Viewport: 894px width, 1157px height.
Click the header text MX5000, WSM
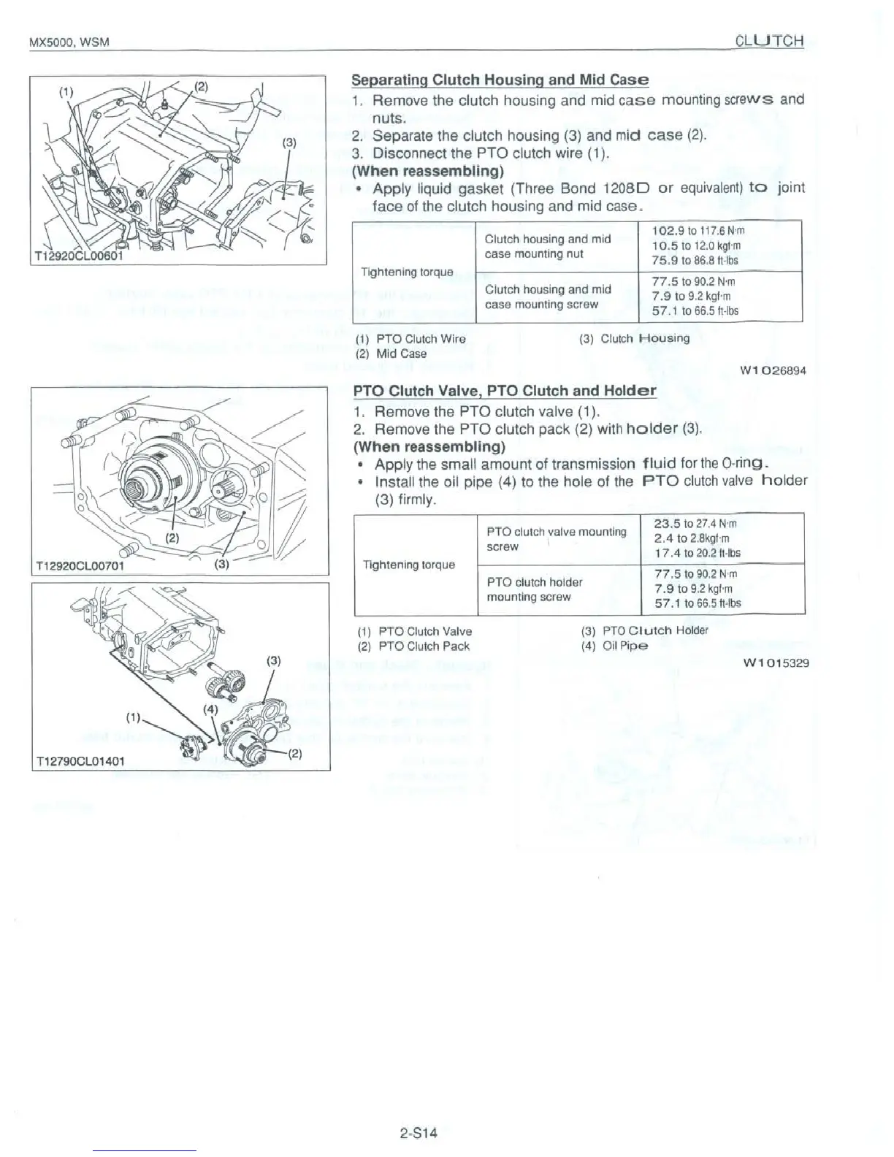click(69, 42)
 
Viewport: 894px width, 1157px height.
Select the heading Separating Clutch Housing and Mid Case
click(500, 80)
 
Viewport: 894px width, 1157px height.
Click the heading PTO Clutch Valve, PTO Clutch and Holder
click(505, 391)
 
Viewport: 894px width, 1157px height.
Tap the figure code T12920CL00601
click(80, 256)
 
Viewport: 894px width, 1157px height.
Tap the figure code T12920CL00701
click(80, 566)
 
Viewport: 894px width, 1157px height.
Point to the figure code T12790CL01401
click(80, 760)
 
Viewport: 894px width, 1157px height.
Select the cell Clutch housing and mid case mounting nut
click(548, 246)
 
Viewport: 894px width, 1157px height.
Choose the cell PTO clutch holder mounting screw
click(535, 589)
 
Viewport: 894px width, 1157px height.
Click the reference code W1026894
click(773, 370)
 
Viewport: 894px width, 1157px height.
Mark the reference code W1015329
click(775, 663)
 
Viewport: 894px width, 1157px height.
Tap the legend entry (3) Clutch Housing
click(634, 338)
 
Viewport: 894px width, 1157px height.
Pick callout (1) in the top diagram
click(67, 92)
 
